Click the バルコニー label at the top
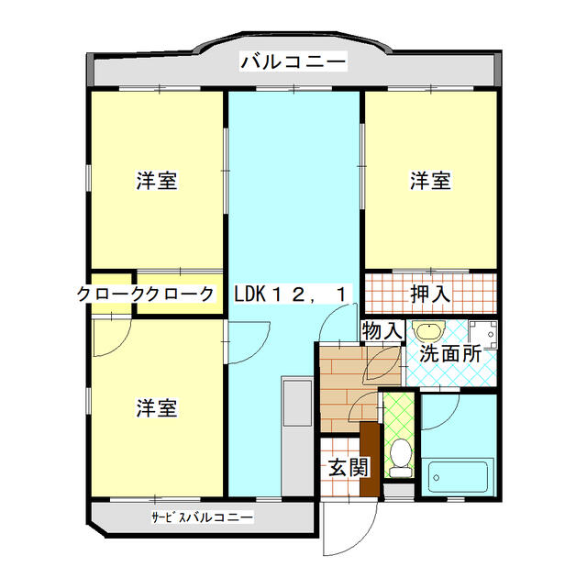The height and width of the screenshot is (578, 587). [x=293, y=62]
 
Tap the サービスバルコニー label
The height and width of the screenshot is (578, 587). [x=202, y=517]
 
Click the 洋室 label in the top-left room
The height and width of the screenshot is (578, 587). [x=157, y=181]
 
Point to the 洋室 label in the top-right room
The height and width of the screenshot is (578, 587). [x=429, y=181]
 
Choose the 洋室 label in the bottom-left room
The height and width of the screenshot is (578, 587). [x=157, y=406]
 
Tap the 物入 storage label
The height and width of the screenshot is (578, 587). [x=382, y=329]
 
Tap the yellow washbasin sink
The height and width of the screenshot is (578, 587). [x=427, y=331]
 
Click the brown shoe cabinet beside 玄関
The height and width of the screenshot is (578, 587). [x=370, y=459]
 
